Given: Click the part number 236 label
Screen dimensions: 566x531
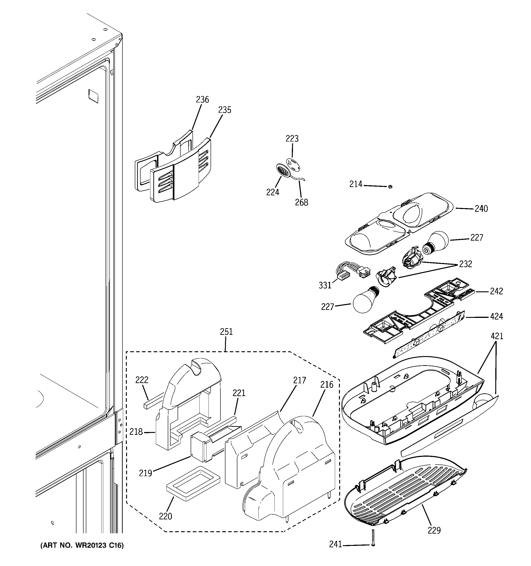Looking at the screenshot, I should (x=202, y=100).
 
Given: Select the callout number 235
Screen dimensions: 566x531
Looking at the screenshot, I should (x=225, y=110).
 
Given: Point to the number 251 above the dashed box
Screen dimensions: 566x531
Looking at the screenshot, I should (x=226, y=332).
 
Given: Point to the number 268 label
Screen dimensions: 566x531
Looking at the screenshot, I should (x=302, y=202).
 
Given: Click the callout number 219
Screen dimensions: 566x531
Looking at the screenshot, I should (x=145, y=473).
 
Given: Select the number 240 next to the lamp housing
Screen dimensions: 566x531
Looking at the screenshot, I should (x=481, y=209).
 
